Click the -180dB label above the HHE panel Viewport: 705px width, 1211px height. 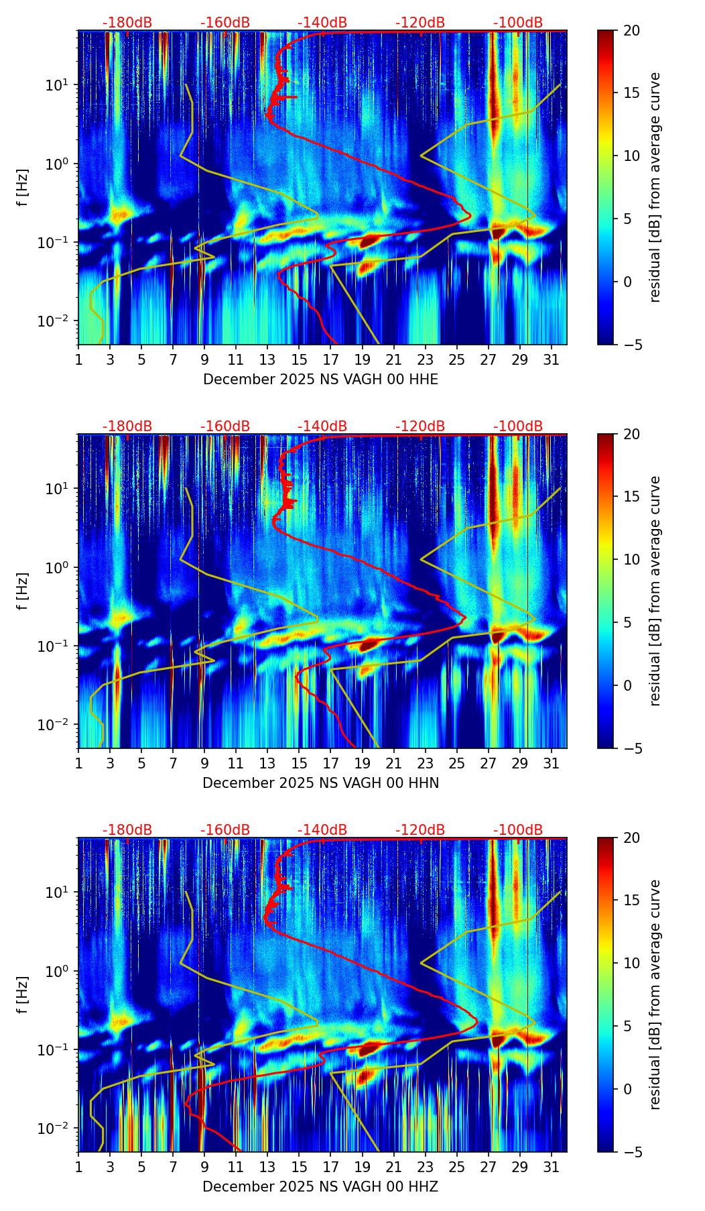click(127, 23)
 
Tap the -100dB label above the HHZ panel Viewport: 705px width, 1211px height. click(518, 830)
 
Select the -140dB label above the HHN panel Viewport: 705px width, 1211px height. click(322, 426)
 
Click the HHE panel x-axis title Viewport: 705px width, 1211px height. click(320, 380)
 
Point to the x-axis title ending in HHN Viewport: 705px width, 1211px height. click(320, 783)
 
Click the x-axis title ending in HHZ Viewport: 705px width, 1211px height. click(320, 1187)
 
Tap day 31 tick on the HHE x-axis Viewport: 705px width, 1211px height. click(552, 359)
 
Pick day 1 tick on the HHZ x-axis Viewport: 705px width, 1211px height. click(79, 1167)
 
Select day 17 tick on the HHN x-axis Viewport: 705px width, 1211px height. click(331, 763)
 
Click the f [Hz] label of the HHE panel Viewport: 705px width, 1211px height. click(23, 188)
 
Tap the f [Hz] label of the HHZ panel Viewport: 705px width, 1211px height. click(23, 995)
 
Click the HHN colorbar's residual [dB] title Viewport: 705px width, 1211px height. click(655, 591)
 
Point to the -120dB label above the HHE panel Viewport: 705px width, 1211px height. click(420, 23)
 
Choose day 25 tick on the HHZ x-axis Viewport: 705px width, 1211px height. click(457, 1167)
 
